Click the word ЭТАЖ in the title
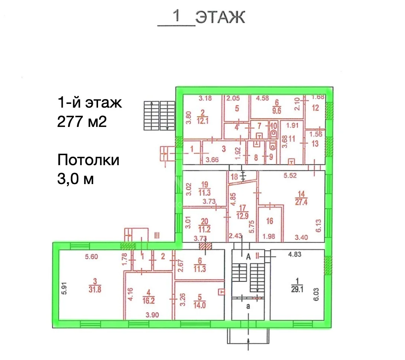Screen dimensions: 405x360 pos(220,17)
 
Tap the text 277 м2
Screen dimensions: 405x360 pos(82,121)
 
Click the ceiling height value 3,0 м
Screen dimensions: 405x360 pos(75,179)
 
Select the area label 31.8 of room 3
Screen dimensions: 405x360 pos(95,289)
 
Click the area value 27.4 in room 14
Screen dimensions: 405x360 pos(301,202)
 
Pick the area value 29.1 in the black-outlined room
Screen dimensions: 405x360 pos(297,289)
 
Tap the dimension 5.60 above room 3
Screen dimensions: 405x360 pos(91,256)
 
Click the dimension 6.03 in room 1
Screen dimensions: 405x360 pos(316,294)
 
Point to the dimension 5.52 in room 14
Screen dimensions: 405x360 pos(290,176)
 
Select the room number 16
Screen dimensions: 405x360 pos(270,221)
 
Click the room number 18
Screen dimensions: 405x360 pos(234,177)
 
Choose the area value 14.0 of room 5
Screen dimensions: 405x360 pos(200,305)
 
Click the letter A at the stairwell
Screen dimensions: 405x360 pos(248,256)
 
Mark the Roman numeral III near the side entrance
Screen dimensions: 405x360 pos(157,235)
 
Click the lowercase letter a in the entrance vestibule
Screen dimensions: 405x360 pos(248,306)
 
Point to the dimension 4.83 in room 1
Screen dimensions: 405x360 pos(295,254)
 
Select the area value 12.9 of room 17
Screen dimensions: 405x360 pos(242,216)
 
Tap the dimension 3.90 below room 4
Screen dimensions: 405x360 pos(152,315)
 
